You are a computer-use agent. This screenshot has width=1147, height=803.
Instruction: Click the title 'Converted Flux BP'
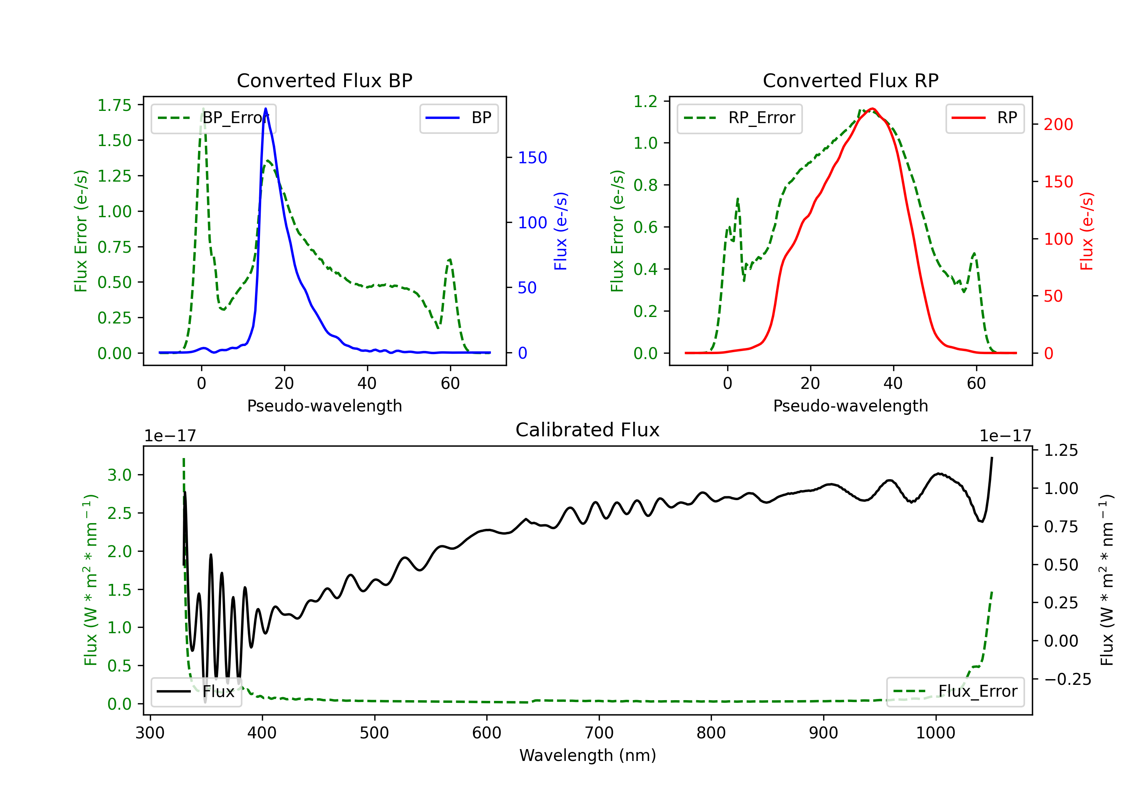(x=324, y=80)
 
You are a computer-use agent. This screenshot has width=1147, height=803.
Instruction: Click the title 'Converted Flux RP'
(x=850, y=80)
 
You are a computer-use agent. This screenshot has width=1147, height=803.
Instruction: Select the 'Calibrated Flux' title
(x=588, y=430)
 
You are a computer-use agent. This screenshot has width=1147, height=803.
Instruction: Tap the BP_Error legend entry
(x=213, y=118)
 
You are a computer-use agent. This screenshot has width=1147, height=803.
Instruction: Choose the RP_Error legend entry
(x=739, y=118)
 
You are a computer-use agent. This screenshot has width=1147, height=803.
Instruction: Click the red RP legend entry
(x=984, y=118)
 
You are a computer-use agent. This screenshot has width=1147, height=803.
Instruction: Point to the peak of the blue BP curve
(x=265, y=109)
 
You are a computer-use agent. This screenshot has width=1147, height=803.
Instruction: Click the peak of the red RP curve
(x=872, y=109)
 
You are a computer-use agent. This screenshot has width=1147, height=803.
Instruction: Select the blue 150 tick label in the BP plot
(x=533, y=158)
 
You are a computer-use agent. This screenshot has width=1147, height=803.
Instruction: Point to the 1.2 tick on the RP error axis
(x=645, y=101)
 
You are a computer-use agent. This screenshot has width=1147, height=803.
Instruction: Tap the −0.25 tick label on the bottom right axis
(x=1067, y=679)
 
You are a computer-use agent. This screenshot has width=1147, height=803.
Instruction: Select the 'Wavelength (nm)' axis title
(x=588, y=755)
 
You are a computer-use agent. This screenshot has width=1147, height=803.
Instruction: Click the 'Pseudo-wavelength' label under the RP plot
(x=850, y=406)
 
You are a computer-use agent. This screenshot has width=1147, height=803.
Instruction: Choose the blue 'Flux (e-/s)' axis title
(x=561, y=231)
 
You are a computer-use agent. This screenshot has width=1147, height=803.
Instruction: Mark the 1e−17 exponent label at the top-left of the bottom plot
(x=170, y=436)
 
